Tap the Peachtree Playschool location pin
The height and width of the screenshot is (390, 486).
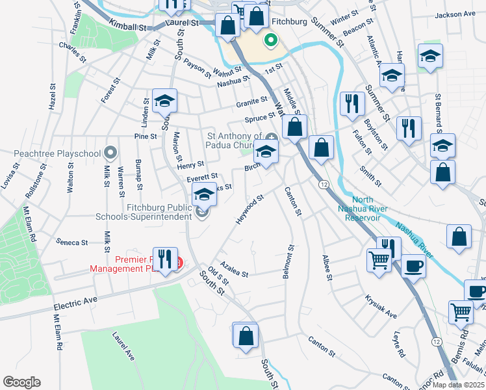point(110,153)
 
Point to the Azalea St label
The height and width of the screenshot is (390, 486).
point(234,270)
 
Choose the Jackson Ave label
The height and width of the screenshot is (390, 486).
point(456,14)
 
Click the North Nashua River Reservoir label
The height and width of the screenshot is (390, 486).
point(363,209)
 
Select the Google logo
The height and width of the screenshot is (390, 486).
point(21,382)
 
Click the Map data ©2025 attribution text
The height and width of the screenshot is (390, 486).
point(459,385)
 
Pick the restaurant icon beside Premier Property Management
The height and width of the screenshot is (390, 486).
point(164,259)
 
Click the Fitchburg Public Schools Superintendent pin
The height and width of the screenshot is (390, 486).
point(203,212)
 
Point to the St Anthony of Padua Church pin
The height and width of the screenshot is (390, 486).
point(271,136)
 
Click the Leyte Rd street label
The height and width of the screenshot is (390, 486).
point(399,344)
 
